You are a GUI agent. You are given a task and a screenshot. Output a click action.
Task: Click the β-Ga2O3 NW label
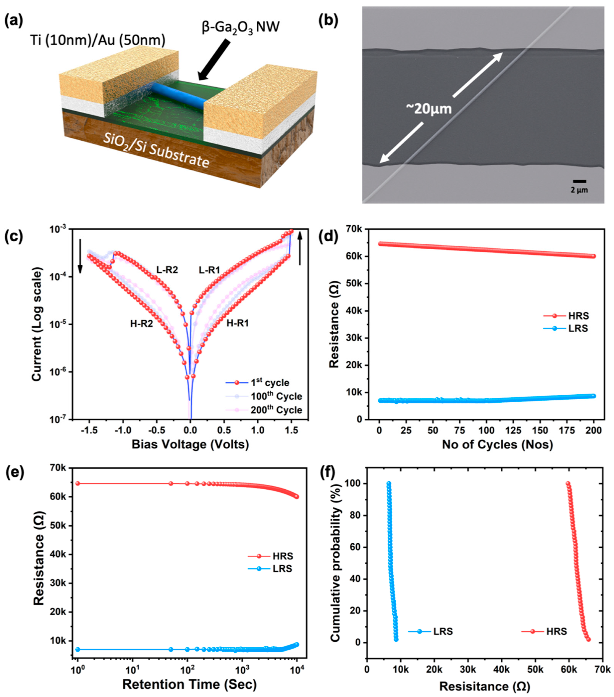point(240,27)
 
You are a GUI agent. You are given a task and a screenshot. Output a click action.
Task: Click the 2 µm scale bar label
point(579,190)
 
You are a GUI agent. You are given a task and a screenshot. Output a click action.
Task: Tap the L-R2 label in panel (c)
point(167,270)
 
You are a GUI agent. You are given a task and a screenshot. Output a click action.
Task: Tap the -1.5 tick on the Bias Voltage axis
point(89,430)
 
